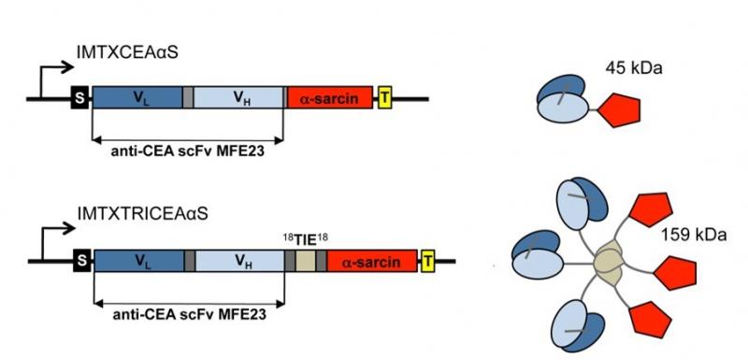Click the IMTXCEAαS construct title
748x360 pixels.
point(127,52)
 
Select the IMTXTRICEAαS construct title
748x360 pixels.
point(143,213)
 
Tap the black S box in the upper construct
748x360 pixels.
point(79,98)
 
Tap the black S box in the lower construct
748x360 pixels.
point(82,261)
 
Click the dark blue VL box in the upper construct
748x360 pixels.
point(137,98)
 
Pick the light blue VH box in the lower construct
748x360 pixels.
point(240,261)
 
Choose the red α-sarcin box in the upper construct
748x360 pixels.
point(330,98)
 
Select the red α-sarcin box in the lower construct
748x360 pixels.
point(371,261)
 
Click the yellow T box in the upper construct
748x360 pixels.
point(384,97)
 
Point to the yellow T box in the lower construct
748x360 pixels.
point(428,261)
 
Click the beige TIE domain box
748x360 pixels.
point(306,261)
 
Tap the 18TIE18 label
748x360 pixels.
point(306,239)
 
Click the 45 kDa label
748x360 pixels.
point(634,68)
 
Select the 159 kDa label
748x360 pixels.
point(694,235)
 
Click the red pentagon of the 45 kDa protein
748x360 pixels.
point(619,110)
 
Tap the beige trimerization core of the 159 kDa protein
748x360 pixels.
point(609,264)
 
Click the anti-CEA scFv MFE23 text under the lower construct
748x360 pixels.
point(190,315)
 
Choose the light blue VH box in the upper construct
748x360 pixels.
point(238,98)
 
